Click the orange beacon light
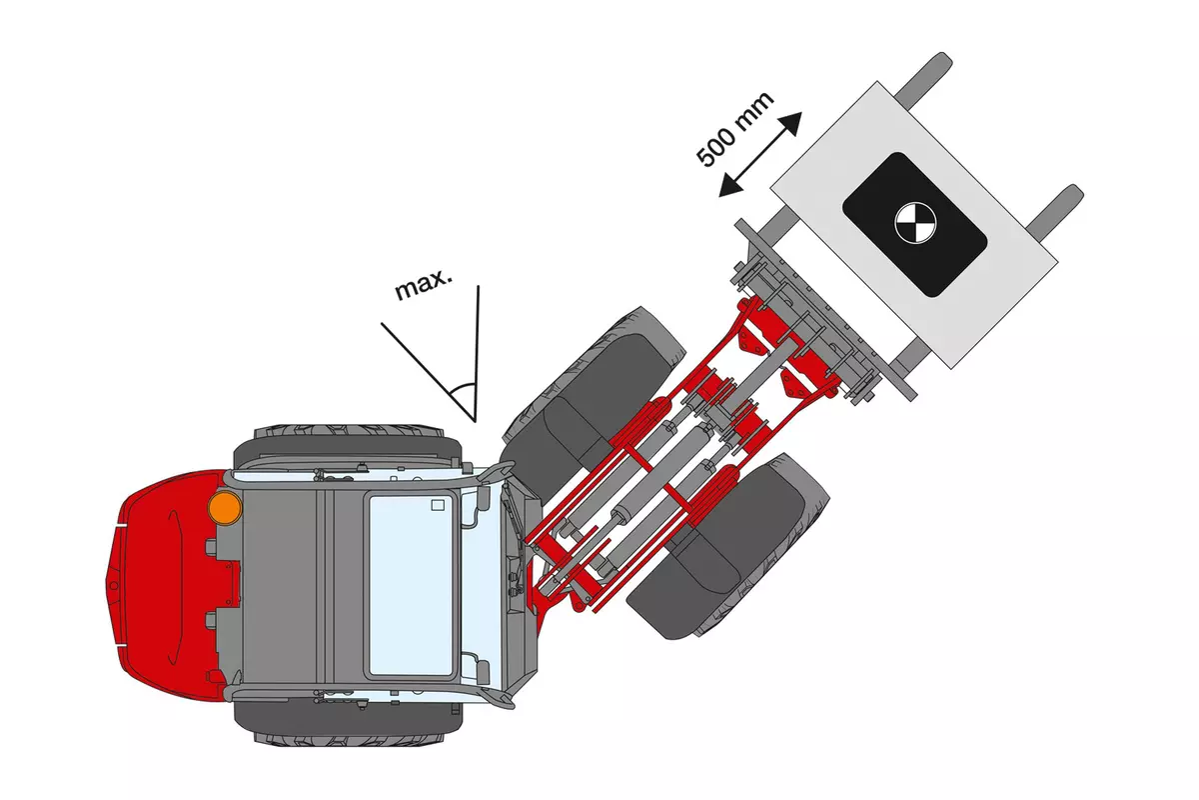tap(225, 507)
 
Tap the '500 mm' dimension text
tap(735, 129)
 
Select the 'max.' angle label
tap(424, 287)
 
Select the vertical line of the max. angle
tap(478, 350)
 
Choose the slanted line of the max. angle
tap(425, 366)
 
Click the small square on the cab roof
tap(437, 505)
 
